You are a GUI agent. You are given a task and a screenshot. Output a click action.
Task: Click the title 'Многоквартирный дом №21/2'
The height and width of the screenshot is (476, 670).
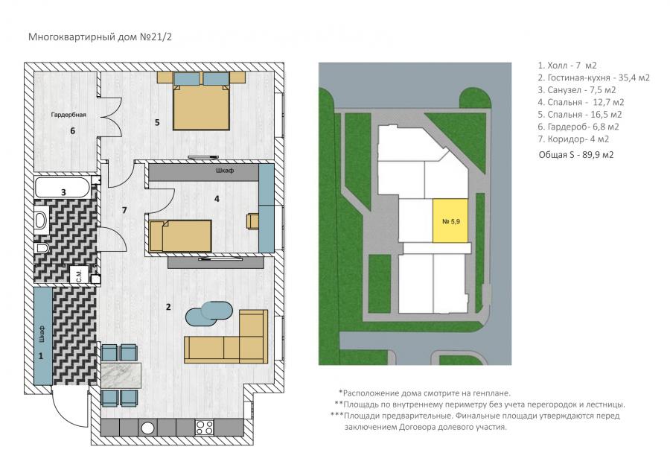click(100, 37)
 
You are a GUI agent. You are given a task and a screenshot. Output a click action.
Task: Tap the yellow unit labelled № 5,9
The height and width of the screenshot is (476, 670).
click(450, 221)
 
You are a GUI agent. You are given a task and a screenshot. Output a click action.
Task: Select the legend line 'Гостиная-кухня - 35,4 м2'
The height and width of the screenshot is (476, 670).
click(594, 77)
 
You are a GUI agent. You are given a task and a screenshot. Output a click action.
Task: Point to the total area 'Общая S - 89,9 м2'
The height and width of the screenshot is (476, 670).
click(576, 155)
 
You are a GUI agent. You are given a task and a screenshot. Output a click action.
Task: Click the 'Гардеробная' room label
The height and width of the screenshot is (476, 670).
click(68, 115)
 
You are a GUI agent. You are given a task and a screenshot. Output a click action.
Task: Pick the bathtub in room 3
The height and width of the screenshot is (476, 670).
click(63, 188)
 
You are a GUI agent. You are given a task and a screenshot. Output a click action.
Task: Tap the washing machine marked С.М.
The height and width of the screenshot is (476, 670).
click(80, 275)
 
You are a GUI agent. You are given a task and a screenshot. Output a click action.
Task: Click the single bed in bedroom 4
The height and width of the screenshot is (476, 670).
click(180, 236)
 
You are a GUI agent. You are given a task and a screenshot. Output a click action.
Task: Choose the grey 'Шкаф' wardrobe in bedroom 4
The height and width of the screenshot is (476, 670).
click(204, 171)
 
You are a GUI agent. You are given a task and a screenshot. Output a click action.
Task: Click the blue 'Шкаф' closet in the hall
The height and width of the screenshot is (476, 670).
click(42, 336)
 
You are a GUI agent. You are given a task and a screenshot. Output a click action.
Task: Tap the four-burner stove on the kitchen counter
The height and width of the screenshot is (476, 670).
click(204, 427)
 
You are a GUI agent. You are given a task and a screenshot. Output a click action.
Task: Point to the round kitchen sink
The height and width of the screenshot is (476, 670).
click(148, 428)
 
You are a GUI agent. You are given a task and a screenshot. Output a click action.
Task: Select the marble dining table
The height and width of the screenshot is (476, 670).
click(121, 375)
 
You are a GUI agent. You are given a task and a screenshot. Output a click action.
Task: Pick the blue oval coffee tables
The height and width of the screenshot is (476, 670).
click(209, 312)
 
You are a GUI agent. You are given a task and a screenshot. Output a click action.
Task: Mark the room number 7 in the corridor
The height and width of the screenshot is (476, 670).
click(124, 210)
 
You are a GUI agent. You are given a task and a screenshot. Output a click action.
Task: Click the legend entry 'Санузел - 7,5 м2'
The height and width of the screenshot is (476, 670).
click(577, 90)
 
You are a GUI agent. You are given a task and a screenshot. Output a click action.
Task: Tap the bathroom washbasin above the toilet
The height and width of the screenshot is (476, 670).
click(42, 219)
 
